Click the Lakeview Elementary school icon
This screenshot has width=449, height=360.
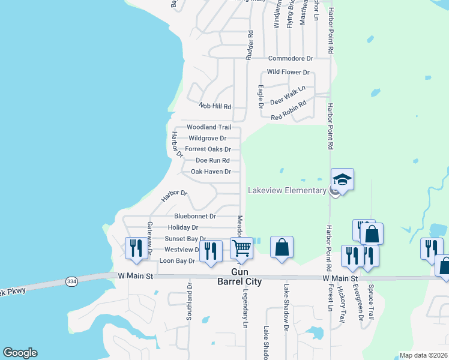(342, 179)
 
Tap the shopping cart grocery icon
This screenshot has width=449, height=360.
(242, 248)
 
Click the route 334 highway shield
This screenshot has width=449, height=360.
(70, 281)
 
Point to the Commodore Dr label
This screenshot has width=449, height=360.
(291, 58)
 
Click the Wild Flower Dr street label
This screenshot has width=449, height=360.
(288, 72)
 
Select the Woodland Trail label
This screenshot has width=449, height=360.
(208, 127)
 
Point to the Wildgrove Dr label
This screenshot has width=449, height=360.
(206, 138)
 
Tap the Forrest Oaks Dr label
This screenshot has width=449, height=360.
(208, 149)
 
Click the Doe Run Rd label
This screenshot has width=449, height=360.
(212, 160)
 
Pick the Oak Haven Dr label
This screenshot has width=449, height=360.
(211, 172)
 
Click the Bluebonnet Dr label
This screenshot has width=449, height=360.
(194, 215)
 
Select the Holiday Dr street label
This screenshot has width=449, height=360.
(183, 227)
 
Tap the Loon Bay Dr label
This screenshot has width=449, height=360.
(177, 261)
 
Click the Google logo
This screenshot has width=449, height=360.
(20, 353)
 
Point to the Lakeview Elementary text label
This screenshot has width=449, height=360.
(287, 191)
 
